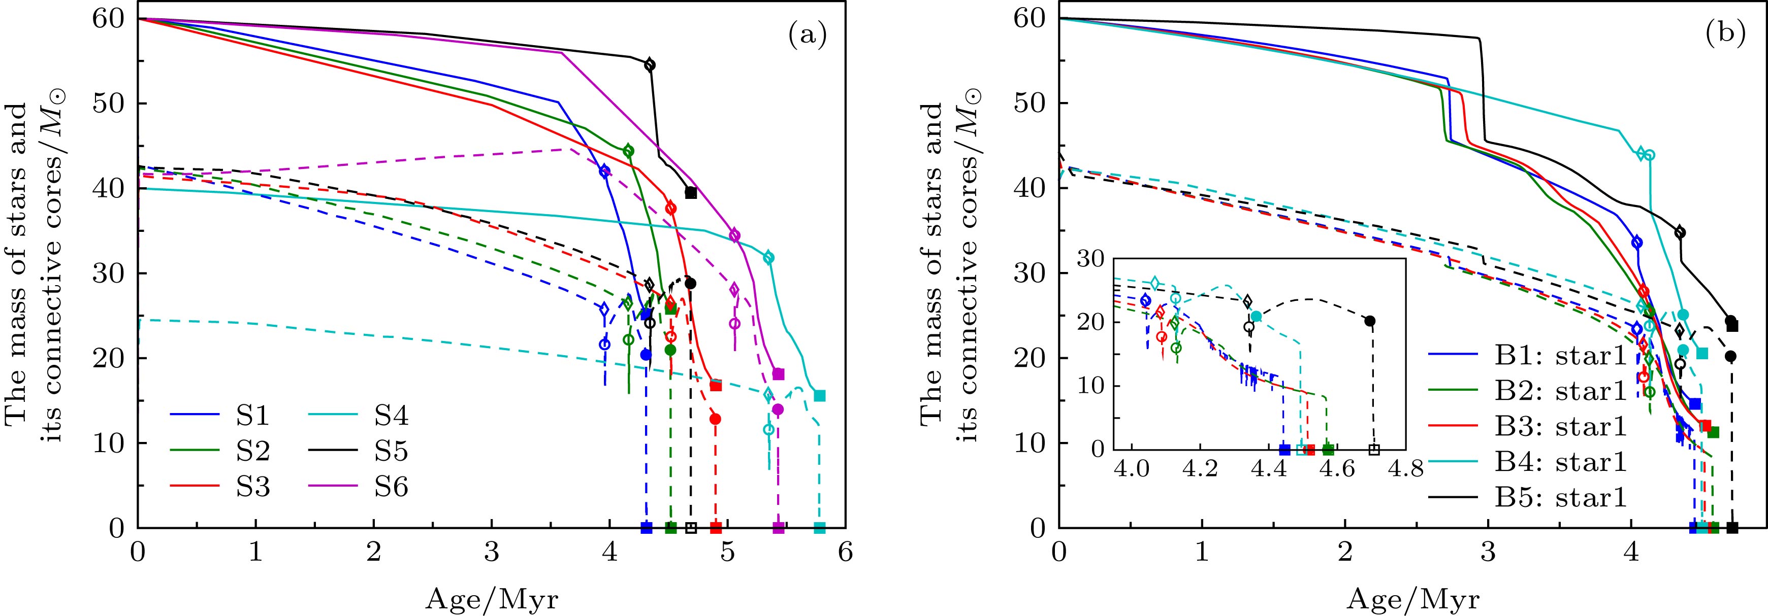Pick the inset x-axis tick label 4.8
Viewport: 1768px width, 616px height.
(1403, 471)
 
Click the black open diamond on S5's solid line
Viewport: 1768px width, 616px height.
(649, 65)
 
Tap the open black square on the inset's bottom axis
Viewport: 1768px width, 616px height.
(1373, 449)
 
